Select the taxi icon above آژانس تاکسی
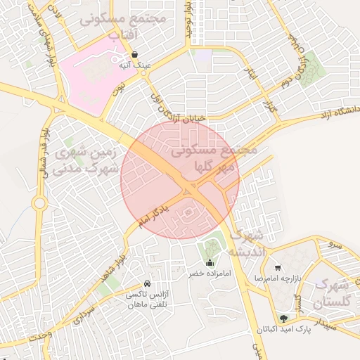click(x=147, y=283)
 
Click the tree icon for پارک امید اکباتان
click(x=283, y=319)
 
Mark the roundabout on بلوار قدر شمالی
click(x=39, y=205)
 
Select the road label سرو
click(x=333, y=245)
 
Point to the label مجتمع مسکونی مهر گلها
click(x=214, y=159)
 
